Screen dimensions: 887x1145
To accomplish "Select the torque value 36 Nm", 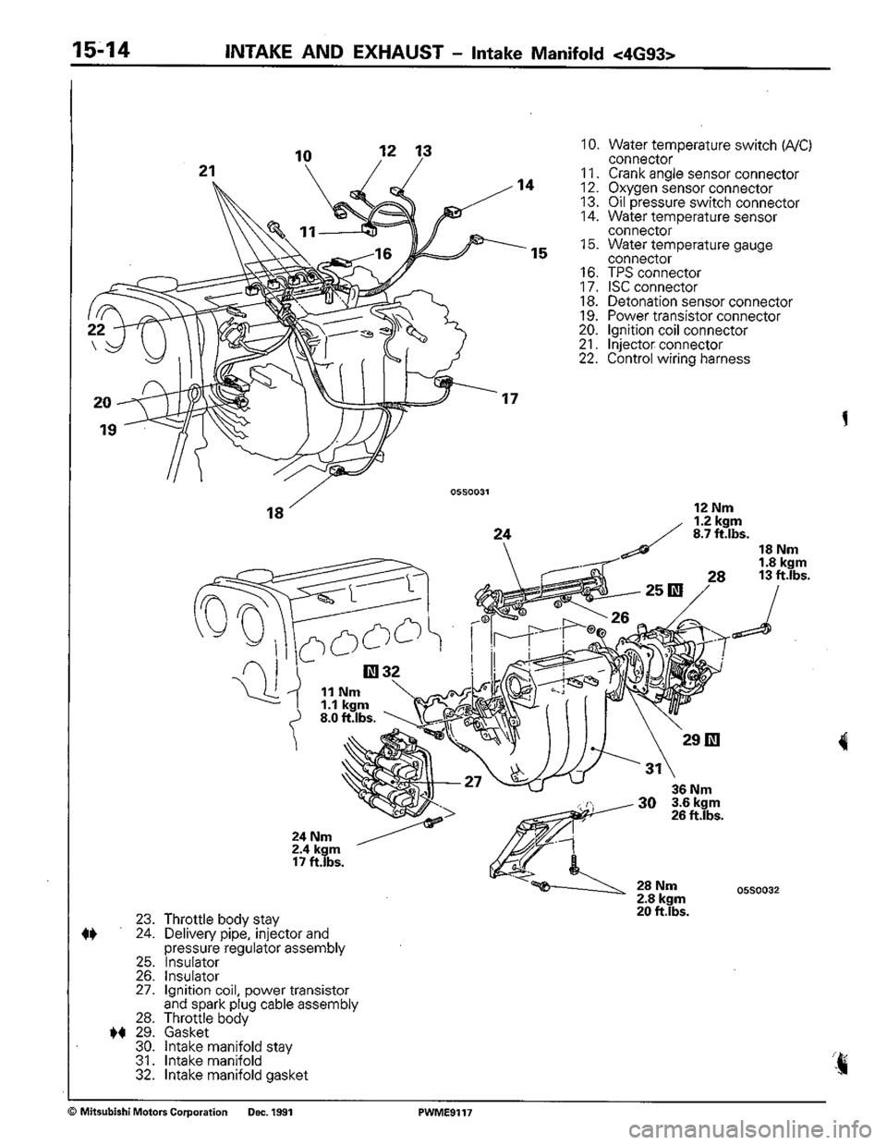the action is click(x=690, y=790).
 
